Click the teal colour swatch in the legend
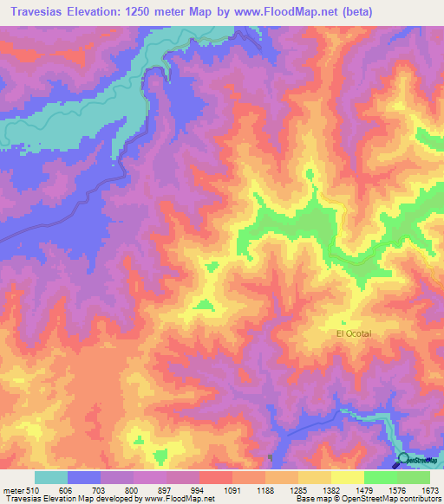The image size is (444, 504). pyautogui.click(x=51, y=477)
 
